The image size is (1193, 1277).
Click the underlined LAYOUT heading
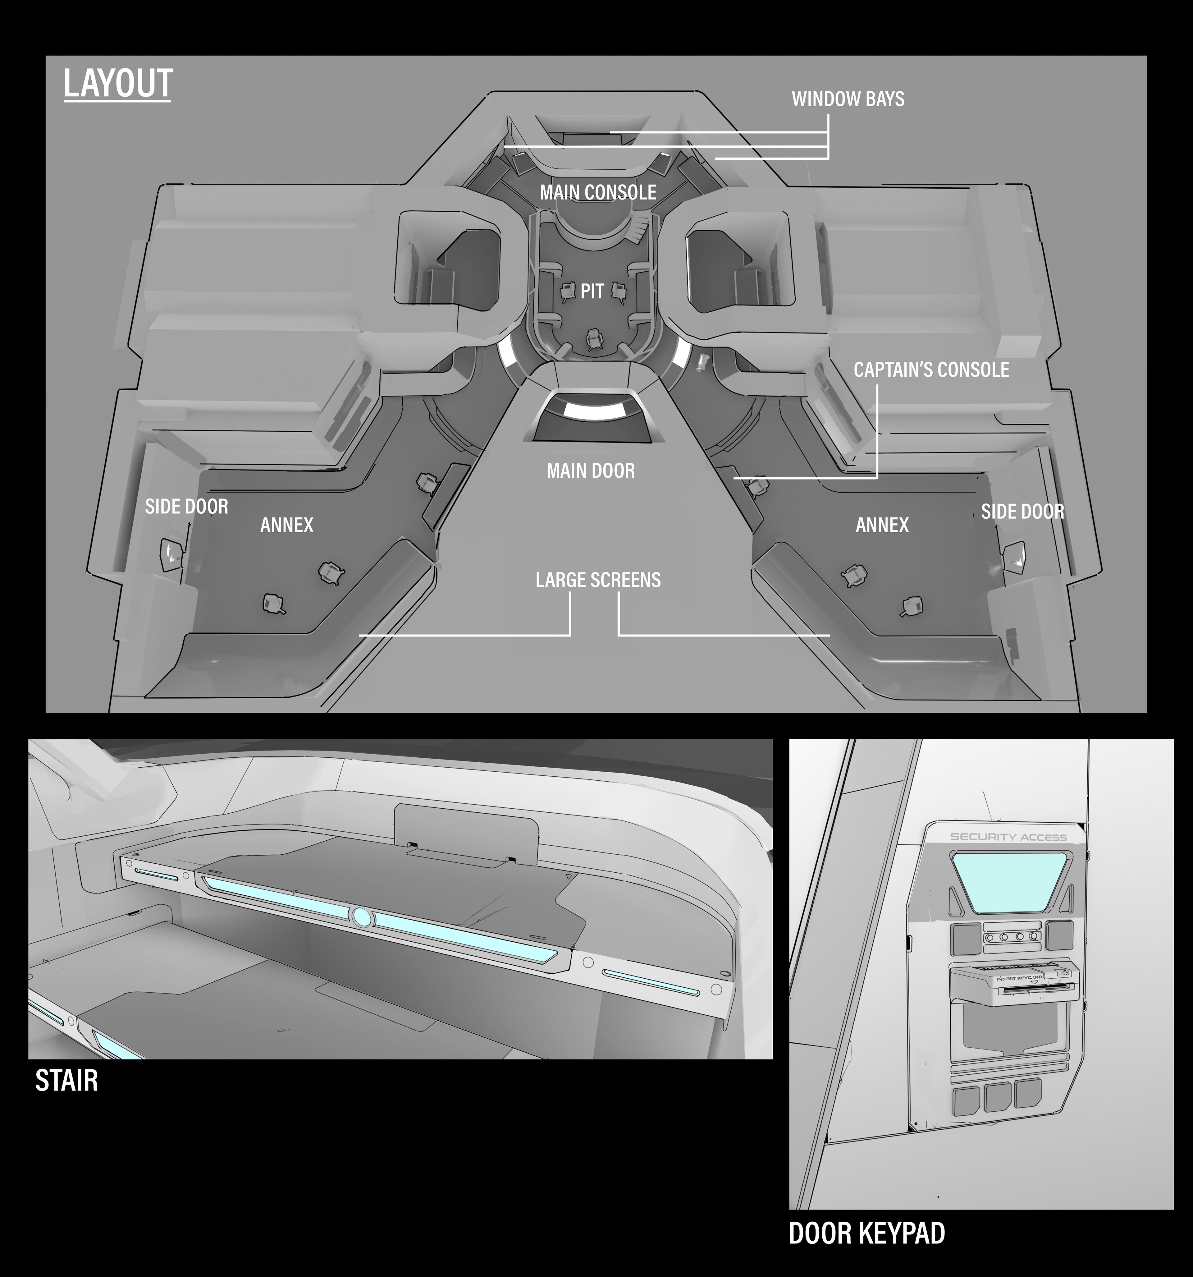pyautogui.click(x=118, y=84)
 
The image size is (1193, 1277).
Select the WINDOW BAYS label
pyautogui.click(x=848, y=99)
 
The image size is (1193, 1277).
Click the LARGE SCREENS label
pyautogui.click(x=598, y=580)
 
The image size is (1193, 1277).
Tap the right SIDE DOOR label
pyautogui.click(x=1022, y=511)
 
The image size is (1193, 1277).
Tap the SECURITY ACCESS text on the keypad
pyautogui.click(x=1008, y=837)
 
